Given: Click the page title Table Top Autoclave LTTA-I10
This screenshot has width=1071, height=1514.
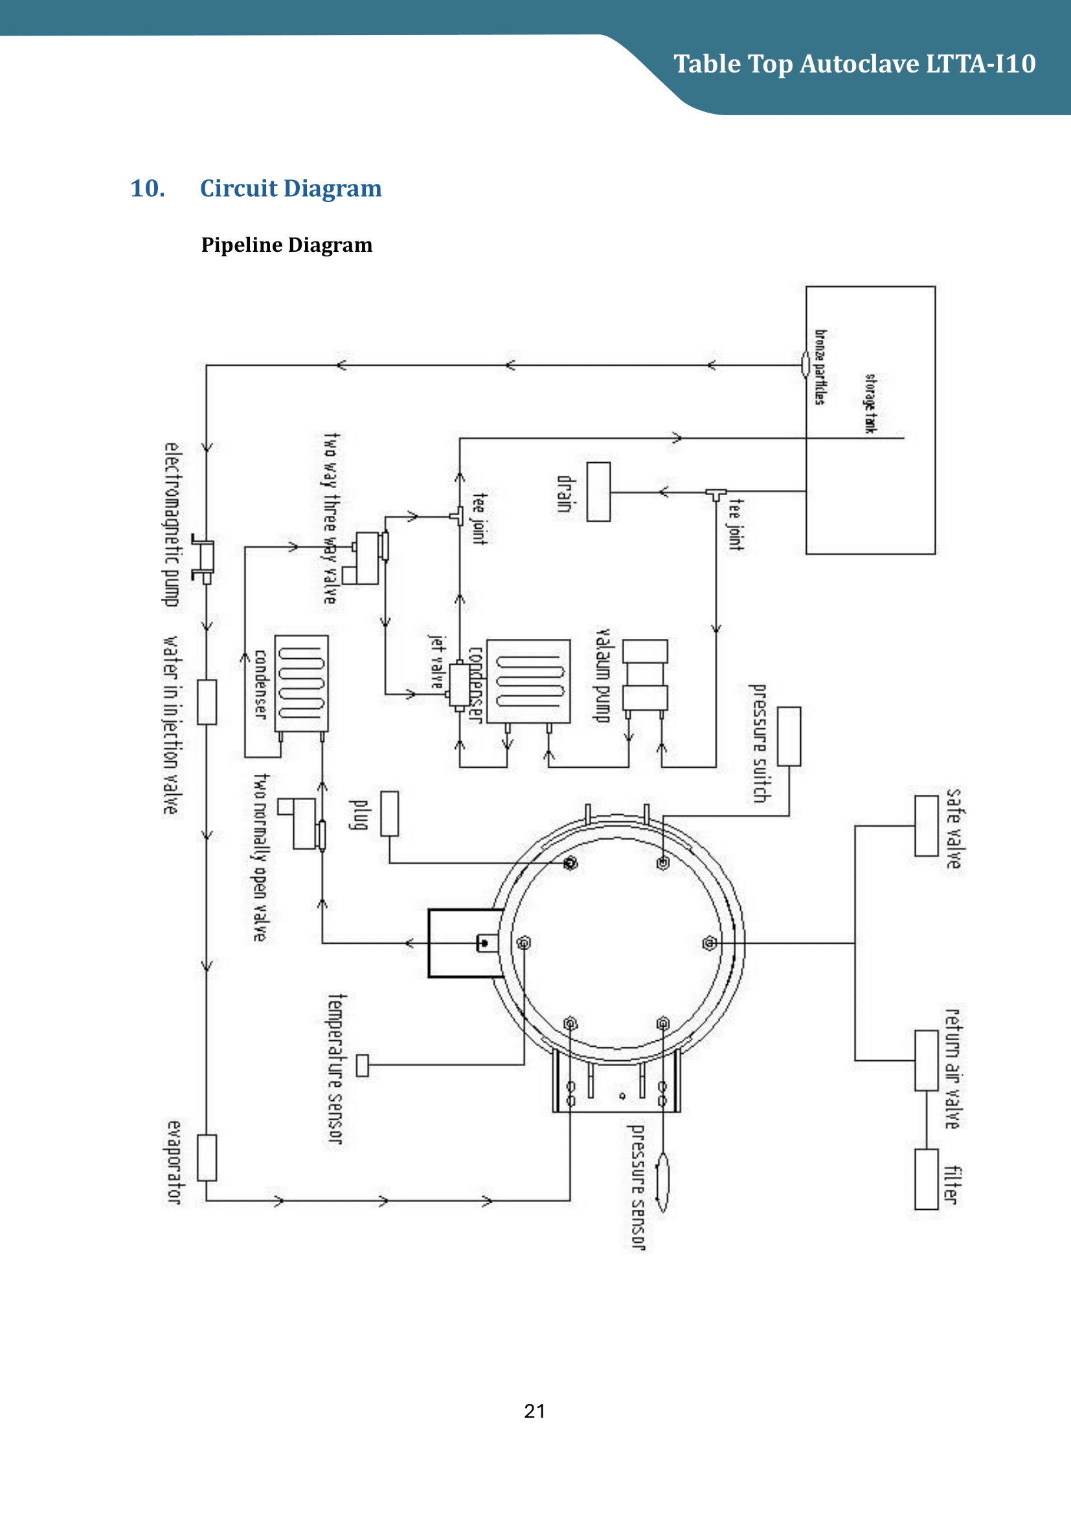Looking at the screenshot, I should point(854,64).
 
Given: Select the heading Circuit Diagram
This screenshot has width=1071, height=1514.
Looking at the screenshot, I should point(290,188).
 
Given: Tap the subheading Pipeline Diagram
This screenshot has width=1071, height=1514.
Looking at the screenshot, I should point(286,245).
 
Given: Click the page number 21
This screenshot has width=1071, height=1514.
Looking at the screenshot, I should point(534,1411).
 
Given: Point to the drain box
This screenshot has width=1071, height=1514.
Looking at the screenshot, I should point(598,492).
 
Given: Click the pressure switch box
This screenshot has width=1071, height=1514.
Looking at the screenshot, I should point(789,737).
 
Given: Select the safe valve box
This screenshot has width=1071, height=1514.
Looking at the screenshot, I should point(926,825).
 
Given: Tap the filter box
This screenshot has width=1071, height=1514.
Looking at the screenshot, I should point(926,1179).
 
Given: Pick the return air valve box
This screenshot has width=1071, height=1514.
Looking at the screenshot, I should point(926,1060).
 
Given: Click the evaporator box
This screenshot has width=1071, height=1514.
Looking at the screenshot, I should point(207,1157).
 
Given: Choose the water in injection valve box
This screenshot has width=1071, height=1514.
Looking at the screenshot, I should point(207,702).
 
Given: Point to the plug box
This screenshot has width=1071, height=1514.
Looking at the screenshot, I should point(389,814).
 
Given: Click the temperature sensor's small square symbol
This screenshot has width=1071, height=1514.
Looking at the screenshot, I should point(362,1065).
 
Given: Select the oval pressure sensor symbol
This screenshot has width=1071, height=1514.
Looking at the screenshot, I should point(663,1183).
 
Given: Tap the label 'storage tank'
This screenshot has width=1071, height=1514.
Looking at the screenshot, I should point(870,403).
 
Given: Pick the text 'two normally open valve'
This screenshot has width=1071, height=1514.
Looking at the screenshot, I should point(261,857).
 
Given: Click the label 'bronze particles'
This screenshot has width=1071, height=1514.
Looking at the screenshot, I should point(820,366).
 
